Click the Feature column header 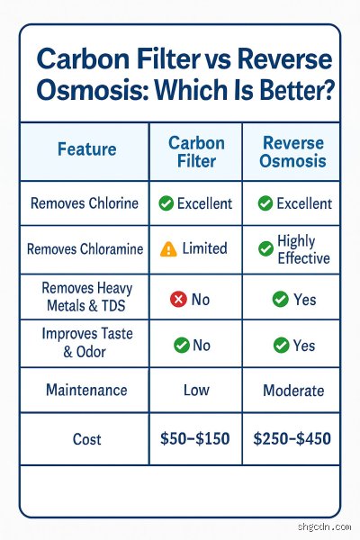click(x=86, y=149)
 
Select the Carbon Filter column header click(x=196, y=152)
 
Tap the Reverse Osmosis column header click(x=292, y=151)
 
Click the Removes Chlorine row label click(x=85, y=203)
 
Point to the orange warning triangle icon click(x=168, y=248)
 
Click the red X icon click(x=178, y=299)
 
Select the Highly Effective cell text click(x=303, y=249)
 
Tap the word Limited click(x=204, y=248)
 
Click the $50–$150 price click(x=195, y=439)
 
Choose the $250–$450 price click(x=292, y=439)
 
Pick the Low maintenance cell click(x=196, y=391)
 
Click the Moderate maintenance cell click(x=293, y=391)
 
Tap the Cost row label click(x=86, y=439)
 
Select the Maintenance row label click(x=86, y=390)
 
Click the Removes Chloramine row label click(x=85, y=248)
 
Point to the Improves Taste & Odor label click(x=87, y=343)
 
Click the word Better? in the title click(x=297, y=89)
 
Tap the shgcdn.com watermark click(x=324, y=526)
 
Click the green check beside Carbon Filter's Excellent click(x=166, y=203)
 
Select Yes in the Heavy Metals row click(x=305, y=300)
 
